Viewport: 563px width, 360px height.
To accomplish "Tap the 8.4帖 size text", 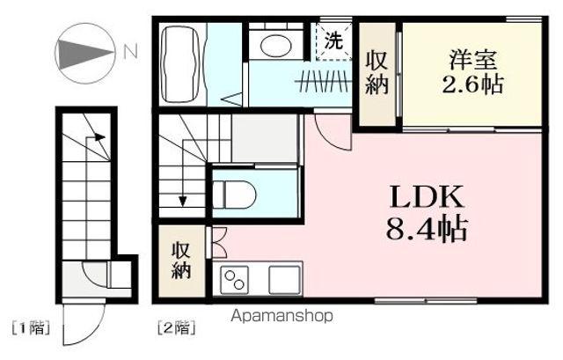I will pyautogui.click(x=426, y=231).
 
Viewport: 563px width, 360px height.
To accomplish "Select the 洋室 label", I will pyautogui.click(x=472, y=62).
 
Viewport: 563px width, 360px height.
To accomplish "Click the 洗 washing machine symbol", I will pyautogui.click(x=333, y=40).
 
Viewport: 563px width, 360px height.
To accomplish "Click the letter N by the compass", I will pyautogui.click(x=129, y=52).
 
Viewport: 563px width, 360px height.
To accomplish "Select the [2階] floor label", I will pyautogui.click(x=175, y=329).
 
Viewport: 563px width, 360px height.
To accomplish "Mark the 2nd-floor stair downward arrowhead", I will pyautogui.click(x=182, y=201).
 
